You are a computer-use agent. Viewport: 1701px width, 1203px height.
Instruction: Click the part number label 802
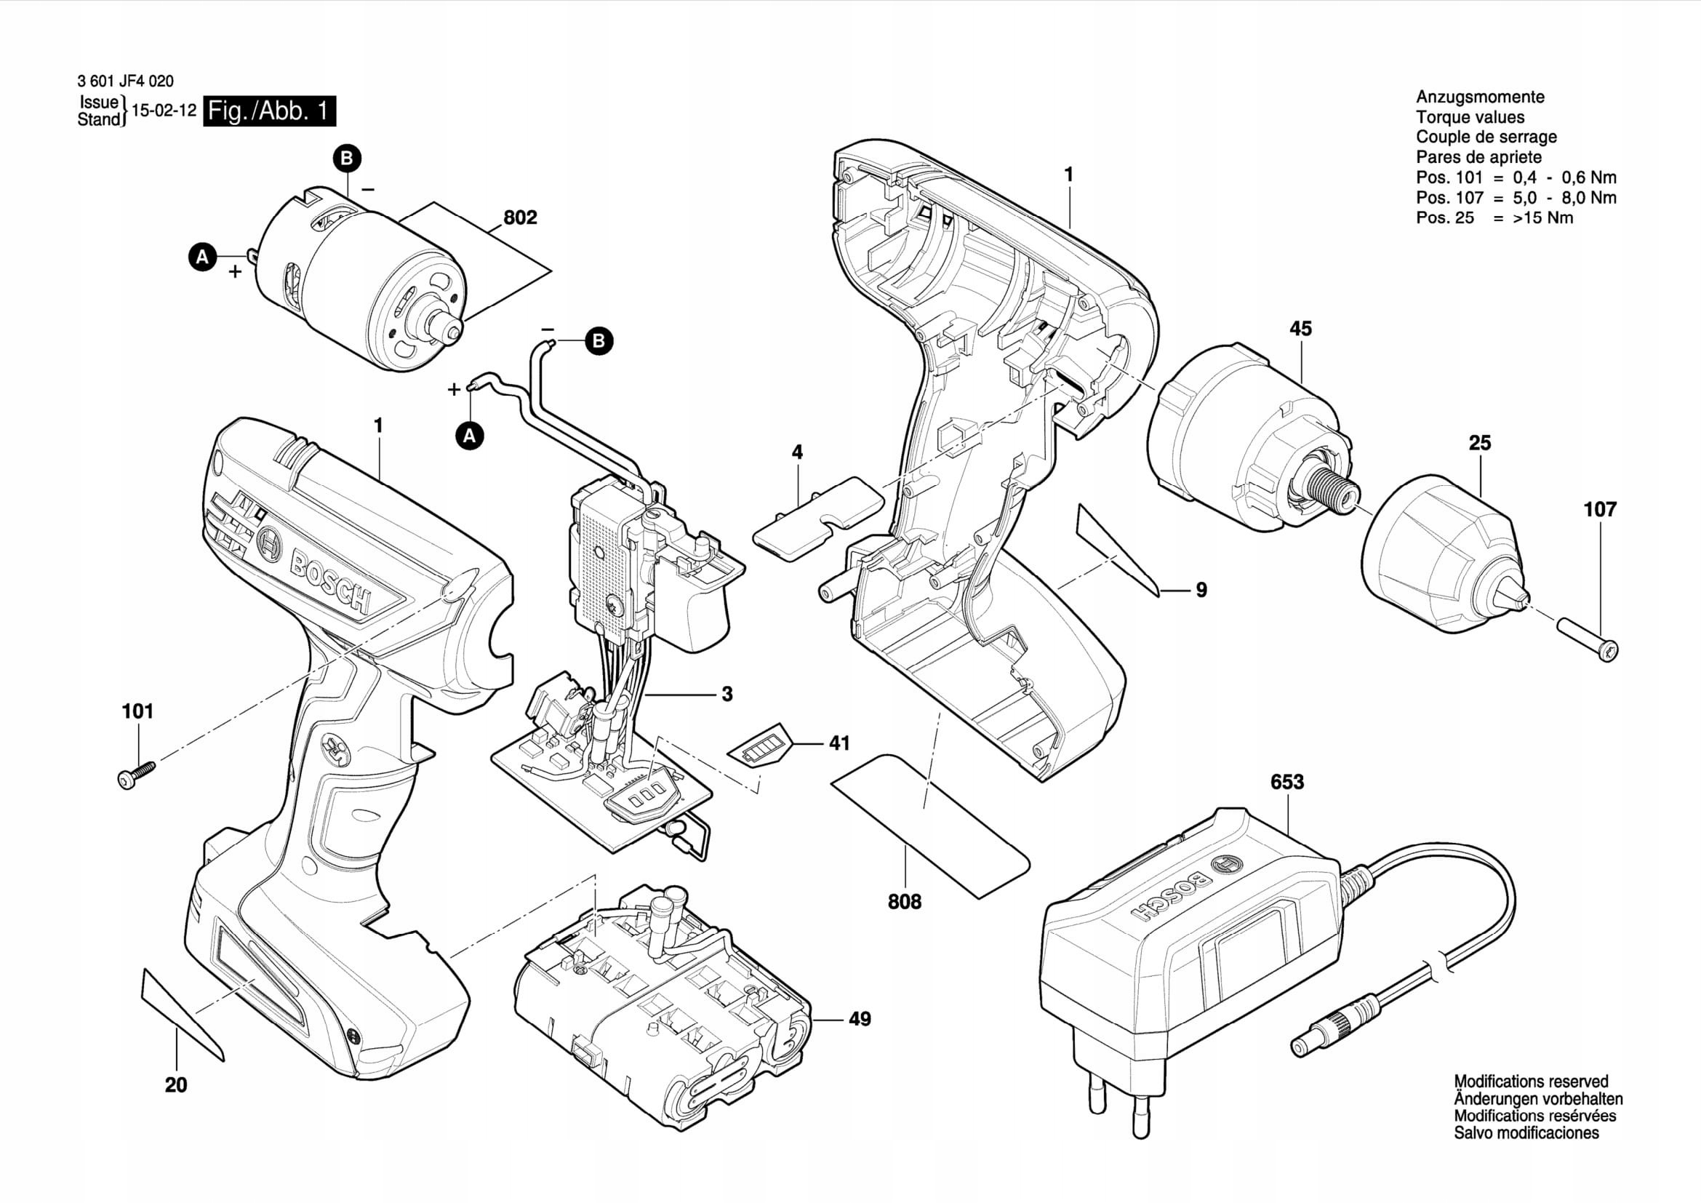pos(519,217)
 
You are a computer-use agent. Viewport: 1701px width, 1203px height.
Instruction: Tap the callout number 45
pos(1300,329)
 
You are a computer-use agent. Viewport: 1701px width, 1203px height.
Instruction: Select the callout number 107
pos(1599,510)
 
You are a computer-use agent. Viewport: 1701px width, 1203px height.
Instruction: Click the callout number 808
pos(905,901)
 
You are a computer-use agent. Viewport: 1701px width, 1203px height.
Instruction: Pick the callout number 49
pos(860,1019)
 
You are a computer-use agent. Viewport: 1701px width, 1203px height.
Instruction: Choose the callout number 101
pos(137,712)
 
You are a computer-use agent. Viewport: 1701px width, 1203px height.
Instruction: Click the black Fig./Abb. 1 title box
pos(269,112)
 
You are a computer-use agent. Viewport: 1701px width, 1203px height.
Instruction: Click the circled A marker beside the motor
pos(202,257)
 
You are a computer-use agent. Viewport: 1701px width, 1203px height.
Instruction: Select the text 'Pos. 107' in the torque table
pos(1450,198)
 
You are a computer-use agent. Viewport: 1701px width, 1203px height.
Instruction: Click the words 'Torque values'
pos(1470,117)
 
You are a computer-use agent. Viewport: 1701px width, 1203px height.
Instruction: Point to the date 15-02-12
pos(164,111)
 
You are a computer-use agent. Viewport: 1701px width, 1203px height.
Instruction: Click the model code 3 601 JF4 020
pos(125,81)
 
